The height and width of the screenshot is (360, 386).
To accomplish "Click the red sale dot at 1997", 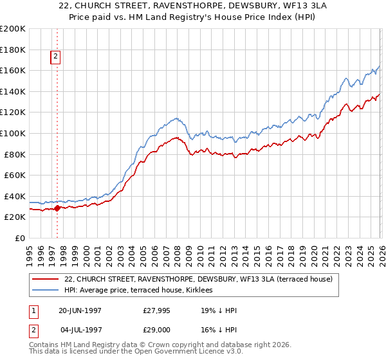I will [x=57, y=208].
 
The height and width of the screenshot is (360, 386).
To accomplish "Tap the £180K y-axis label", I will [x=13, y=50].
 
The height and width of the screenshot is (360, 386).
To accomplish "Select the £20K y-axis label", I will [x=15, y=217].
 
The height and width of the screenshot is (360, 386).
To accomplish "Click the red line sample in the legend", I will [x=46, y=279].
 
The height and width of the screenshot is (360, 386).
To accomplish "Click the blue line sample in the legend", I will [x=46, y=291].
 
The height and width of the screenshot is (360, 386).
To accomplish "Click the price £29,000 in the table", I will [x=157, y=330].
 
